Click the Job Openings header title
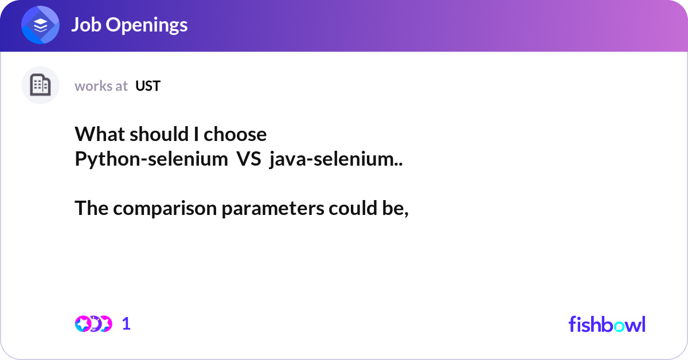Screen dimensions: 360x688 coord(129,25)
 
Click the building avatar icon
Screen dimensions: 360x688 coord(40,85)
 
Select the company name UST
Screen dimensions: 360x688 coord(148,86)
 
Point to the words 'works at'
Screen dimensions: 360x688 coord(101,86)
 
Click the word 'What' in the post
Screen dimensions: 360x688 coord(94,134)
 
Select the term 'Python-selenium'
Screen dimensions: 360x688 coord(151,159)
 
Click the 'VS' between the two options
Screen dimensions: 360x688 coord(248,159)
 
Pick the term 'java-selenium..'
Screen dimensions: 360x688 coord(336,159)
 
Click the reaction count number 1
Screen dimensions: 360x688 coord(126,324)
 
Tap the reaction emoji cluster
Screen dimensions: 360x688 coord(93,324)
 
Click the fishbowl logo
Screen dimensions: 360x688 coord(607,324)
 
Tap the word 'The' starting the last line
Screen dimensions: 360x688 coord(92,209)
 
